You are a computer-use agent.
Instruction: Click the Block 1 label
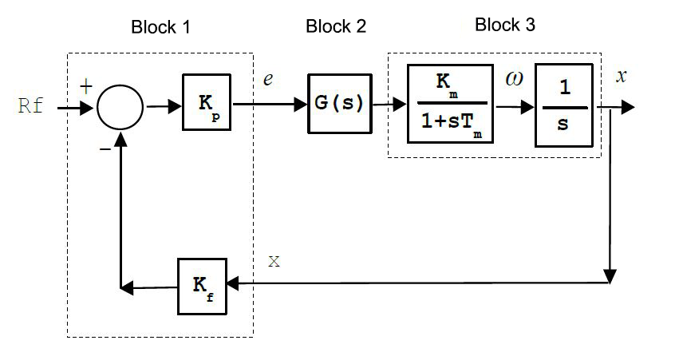(x=160, y=27)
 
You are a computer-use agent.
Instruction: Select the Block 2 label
(x=336, y=27)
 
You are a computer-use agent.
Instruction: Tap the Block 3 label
(x=505, y=25)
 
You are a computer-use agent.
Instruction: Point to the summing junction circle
(x=120, y=107)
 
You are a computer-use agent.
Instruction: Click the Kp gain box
(x=206, y=102)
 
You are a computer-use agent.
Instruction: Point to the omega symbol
(x=515, y=79)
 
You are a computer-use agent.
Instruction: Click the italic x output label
(x=622, y=77)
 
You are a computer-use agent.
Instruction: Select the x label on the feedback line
(x=274, y=261)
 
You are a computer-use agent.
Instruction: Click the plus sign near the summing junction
(x=85, y=86)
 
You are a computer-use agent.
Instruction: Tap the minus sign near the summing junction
(x=103, y=148)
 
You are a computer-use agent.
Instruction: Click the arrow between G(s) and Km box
(x=390, y=105)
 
